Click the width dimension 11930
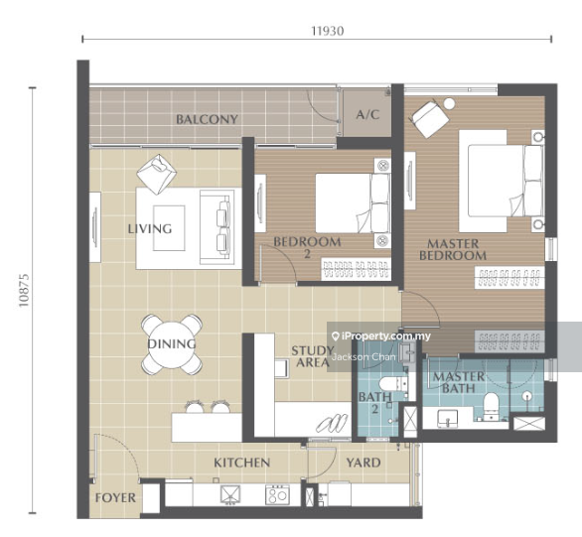coord(328,31)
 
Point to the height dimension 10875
coord(24,290)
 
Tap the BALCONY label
coord(207,119)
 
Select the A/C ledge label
coord(367,114)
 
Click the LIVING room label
coord(150,229)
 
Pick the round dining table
coord(172,343)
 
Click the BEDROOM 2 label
coord(307,247)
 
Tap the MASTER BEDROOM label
coord(453,249)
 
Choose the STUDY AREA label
coord(313,356)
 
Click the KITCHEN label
coord(241,463)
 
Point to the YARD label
coord(364,463)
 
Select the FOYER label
coord(115,497)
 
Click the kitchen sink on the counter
coord(230,494)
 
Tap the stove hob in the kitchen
coord(277,494)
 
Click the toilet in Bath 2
coord(392,383)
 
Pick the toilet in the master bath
coord(491,406)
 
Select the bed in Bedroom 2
coord(353,203)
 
